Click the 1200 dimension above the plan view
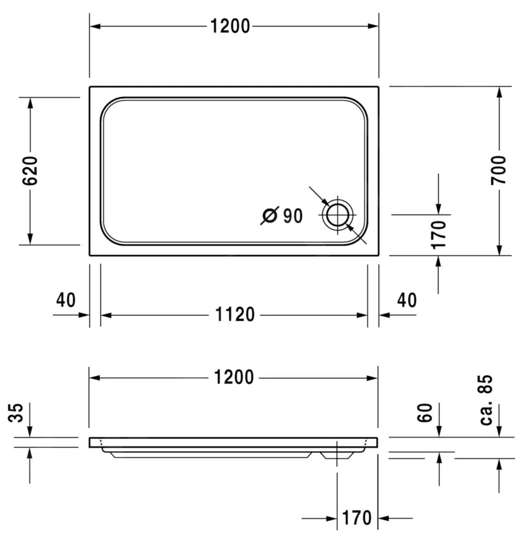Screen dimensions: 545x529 (230, 26)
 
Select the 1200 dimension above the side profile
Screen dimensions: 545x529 (234, 377)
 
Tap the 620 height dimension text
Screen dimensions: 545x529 (30, 171)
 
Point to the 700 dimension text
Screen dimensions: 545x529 (499, 170)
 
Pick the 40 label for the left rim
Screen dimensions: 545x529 (66, 300)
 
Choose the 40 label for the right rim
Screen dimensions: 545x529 (407, 300)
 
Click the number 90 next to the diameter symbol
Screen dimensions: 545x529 (293, 216)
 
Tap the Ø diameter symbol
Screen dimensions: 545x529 (269, 216)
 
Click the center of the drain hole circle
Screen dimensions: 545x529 (337, 214)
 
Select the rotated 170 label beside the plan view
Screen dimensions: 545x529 (439, 234)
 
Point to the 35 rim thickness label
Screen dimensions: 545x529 (16, 412)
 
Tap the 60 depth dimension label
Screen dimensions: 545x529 (425, 413)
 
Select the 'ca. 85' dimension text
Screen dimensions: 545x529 (486, 400)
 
